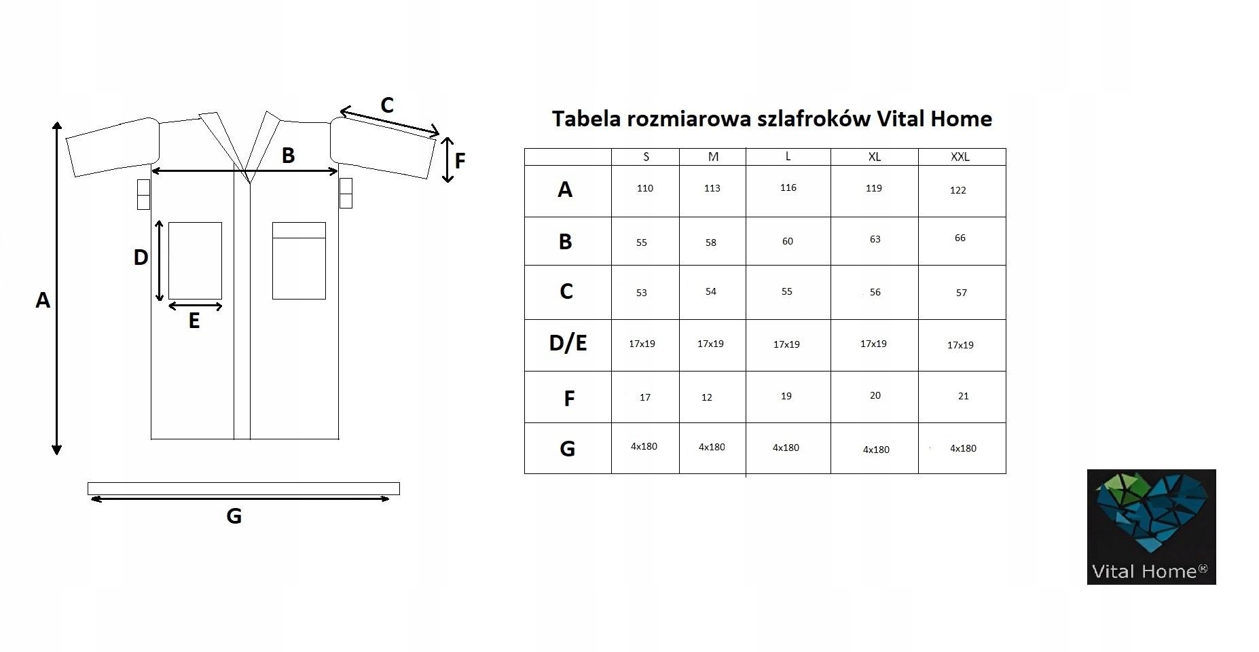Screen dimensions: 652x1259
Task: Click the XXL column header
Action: pos(960,157)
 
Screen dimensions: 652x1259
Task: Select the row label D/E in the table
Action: pos(568,343)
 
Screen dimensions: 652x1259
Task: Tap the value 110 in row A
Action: pos(644,189)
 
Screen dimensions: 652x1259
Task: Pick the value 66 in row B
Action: pos(960,238)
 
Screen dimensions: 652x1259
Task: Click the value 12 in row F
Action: pos(706,397)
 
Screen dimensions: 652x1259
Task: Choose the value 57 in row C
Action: pos(961,293)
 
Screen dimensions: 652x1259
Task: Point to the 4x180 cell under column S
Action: pos(644,447)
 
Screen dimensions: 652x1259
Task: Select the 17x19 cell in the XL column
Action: pos(873,344)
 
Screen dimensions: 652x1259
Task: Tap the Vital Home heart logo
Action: pos(1151,516)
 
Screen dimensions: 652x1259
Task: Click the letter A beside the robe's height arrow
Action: pos(43,300)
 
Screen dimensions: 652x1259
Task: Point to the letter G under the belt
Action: pos(234,517)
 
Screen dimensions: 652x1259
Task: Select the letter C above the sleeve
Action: pos(387,106)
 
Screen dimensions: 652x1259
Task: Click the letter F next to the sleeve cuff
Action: pos(460,161)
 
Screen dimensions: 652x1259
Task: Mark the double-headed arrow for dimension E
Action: pos(195,306)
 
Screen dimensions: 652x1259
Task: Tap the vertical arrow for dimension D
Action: pos(160,260)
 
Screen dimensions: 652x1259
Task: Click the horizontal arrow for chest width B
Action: pos(244,170)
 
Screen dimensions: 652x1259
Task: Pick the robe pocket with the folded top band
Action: pos(299,261)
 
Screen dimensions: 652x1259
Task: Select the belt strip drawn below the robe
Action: pos(243,488)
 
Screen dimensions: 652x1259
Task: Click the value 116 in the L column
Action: pos(788,188)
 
